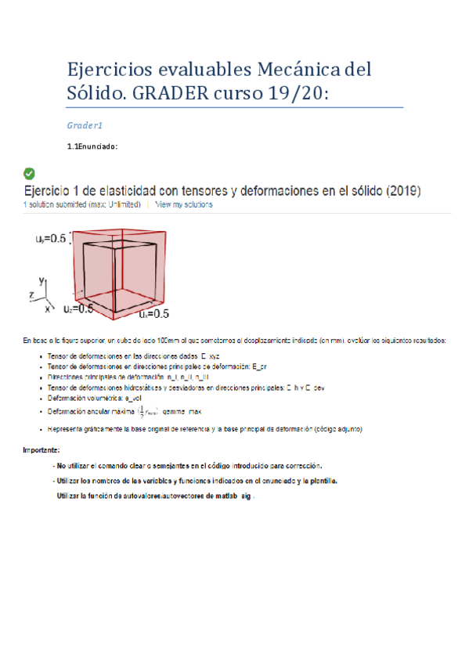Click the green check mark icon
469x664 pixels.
coord(30,173)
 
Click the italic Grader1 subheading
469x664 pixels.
coord(85,125)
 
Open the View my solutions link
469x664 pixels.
coord(183,204)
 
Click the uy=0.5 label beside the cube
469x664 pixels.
coord(49,239)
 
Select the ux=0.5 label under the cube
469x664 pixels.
coord(154,314)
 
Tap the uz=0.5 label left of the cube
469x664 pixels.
coord(78,309)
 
